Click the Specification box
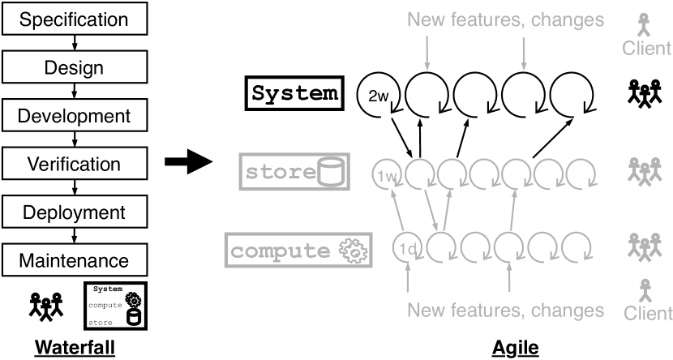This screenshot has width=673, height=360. [x=74, y=19]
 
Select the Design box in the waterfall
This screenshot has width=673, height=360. [x=74, y=67]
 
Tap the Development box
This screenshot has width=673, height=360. [x=74, y=116]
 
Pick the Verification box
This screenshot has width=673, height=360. [x=74, y=165]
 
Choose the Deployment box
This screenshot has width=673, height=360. [x=74, y=213]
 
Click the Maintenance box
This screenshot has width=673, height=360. [x=74, y=261]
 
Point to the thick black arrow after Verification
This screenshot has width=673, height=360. [x=186, y=165]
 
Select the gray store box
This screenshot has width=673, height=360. [x=294, y=173]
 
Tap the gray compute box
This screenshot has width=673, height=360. [x=299, y=251]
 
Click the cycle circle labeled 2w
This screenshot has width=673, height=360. [x=378, y=96]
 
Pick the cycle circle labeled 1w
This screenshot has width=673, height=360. [x=387, y=173]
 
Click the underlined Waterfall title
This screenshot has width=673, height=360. [x=74, y=347]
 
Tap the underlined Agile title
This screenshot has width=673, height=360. [x=515, y=347]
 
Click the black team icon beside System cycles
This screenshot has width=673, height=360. [x=646, y=94]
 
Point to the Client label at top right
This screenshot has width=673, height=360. [x=646, y=48]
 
